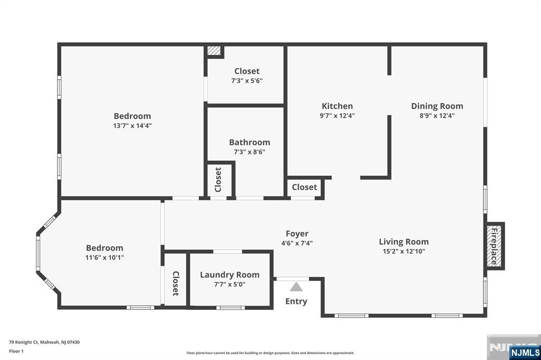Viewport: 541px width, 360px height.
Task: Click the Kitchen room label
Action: tap(337, 106)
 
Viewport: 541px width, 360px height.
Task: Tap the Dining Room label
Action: tap(437, 106)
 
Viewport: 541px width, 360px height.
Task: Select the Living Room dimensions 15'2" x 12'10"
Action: tap(404, 251)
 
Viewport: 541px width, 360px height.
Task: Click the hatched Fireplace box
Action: tap(494, 246)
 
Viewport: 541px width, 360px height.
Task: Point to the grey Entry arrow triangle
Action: tap(296, 287)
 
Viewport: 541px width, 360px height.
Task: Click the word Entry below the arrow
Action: tap(296, 301)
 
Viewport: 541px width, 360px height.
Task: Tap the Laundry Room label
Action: tap(229, 275)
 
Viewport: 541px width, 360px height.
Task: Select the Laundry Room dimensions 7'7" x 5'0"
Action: tap(229, 285)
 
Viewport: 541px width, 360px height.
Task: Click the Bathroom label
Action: tap(249, 142)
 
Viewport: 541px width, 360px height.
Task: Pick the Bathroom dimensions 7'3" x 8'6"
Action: tap(249, 151)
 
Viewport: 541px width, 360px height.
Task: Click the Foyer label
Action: tap(297, 234)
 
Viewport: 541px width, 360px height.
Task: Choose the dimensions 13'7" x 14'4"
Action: tap(132, 126)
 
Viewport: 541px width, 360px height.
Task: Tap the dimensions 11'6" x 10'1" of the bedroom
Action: tap(105, 257)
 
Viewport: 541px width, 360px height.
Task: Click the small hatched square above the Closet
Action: tap(214, 51)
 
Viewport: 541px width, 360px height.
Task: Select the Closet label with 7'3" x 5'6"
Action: tap(247, 71)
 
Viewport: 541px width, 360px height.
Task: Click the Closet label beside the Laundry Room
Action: tap(175, 283)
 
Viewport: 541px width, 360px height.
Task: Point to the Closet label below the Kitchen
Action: tap(304, 187)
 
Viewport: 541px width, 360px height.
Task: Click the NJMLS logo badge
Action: tap(525, 353)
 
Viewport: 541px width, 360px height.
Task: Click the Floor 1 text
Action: tap(16, 352)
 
